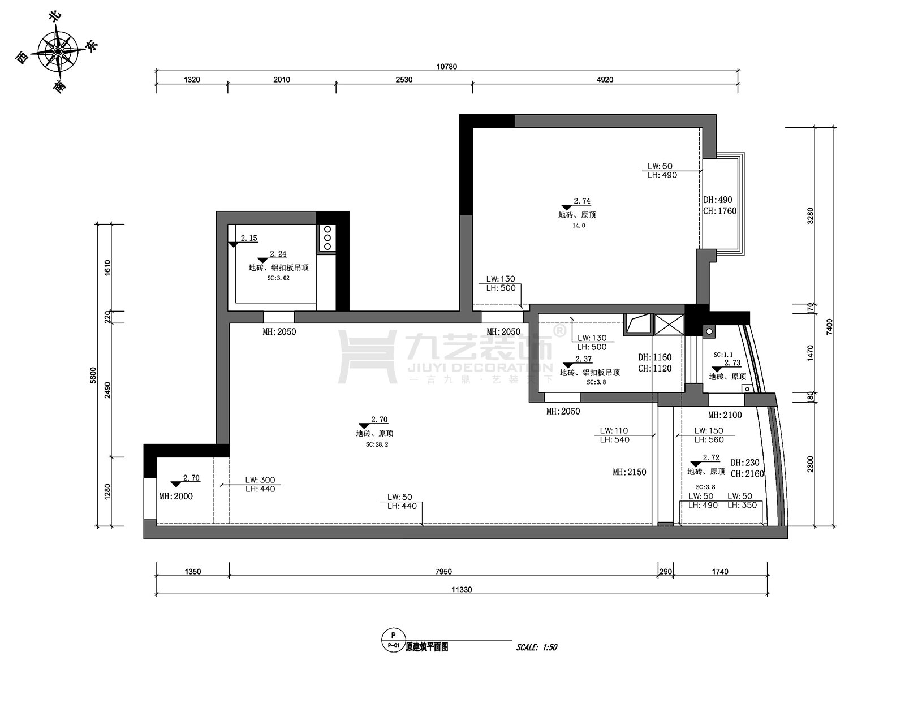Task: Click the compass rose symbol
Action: [58, 51]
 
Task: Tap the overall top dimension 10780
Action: [446, 67]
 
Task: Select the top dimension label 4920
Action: [605, 80]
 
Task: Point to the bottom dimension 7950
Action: [443, 572]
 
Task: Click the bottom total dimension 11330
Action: [462, 589]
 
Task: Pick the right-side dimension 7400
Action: [829, 326]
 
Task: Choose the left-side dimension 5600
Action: [93, 375]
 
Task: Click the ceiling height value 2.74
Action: [582, 201]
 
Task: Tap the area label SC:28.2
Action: [377, 444]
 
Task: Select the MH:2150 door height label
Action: [630, 472]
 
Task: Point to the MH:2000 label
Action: [176, 496]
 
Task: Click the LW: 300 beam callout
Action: [260, 480]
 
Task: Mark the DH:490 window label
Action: [718, 200]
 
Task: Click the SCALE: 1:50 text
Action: [536, 647]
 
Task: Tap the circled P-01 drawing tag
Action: [393, 640]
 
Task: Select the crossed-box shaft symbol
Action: [669, 325]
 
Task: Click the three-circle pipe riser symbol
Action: [327, 238]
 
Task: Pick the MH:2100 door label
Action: [725, 415]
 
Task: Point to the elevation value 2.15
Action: [249, 238]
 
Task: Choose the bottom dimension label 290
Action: [666, 572]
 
